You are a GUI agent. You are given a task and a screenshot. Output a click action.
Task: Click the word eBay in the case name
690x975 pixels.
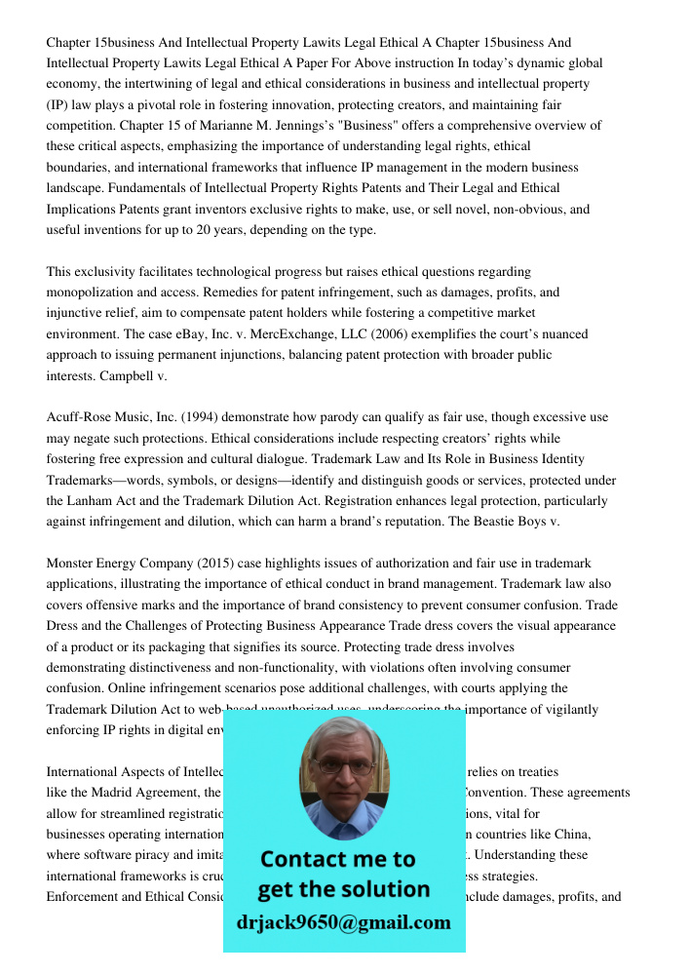coord(187,334)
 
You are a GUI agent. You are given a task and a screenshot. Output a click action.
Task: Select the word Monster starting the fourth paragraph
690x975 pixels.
coord(72,564)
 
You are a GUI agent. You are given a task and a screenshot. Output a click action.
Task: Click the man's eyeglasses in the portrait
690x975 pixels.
coord(343,766)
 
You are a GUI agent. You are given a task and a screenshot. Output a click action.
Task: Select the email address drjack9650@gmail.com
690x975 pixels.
coord(344,922)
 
